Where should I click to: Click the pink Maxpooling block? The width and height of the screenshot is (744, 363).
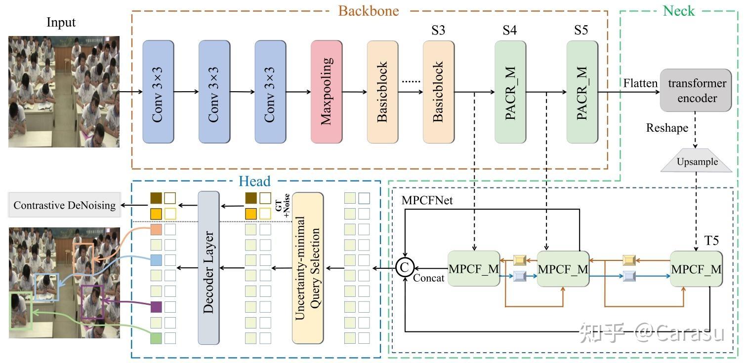pos(326,92)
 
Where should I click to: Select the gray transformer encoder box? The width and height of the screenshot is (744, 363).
pos(696,90)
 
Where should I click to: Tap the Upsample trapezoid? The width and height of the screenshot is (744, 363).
pos(697,161)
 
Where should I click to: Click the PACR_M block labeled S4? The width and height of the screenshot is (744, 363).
pos(510,92)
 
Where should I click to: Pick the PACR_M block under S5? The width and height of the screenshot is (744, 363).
pos(582,92)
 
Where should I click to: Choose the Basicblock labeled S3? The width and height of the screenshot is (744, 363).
pos(438,92)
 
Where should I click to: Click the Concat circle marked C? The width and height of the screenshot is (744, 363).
pos(404,267)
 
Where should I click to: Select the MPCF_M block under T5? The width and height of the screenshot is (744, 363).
pos(696,269)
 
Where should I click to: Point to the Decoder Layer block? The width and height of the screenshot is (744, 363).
pos(208,268)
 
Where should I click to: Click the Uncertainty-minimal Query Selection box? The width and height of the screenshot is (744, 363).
pos(307,268)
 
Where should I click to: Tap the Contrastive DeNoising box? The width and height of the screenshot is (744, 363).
pos(64,205)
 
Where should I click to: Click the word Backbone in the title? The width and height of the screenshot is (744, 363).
pos(368,10)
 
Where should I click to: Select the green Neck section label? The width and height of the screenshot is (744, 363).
pos(678,11)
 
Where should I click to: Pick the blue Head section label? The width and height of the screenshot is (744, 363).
pos(254,181)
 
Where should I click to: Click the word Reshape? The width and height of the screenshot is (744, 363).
pos(667,128)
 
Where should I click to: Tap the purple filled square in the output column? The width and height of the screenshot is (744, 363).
pos(156,307)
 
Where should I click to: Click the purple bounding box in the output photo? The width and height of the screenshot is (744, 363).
pos(92,301)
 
